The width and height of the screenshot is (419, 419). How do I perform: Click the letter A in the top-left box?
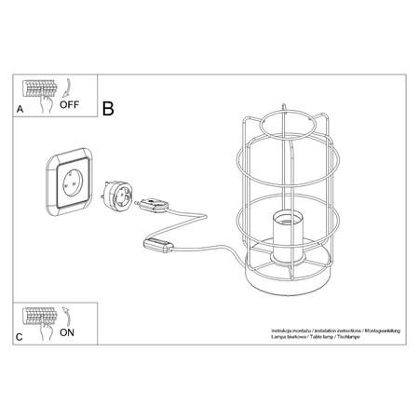click(x=20, y=110)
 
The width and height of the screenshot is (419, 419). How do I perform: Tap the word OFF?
click(x=69, y=105)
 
